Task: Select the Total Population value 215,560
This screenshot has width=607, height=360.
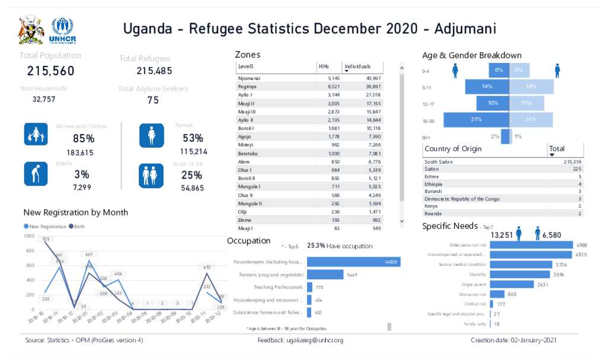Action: [x=51, y=71]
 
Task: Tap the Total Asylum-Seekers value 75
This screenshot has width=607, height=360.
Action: [x=153, y=100]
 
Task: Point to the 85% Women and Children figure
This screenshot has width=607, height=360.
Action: [x=84, y=139]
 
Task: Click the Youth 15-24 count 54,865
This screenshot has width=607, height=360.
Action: [x=193, y=188]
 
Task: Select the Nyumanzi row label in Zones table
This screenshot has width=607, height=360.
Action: [x=249, y=78]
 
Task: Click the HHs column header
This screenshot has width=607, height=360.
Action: [x=324, y=66]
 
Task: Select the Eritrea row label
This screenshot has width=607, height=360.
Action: [x=432, y=177]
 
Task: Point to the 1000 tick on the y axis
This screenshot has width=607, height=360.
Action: [x=28, y=236]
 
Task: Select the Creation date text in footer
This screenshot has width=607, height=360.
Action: [x=513, y=340]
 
